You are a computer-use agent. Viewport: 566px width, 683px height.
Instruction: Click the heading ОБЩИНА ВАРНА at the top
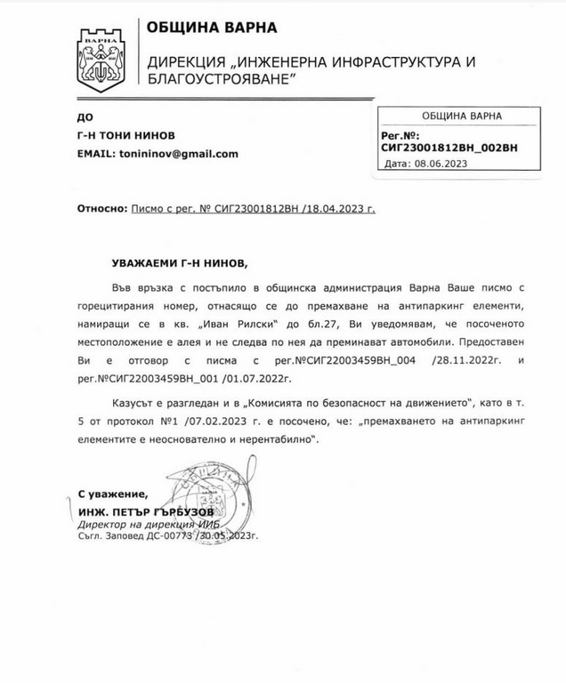point(206,27)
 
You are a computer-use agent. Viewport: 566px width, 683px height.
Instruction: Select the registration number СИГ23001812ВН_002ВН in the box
point(449,147)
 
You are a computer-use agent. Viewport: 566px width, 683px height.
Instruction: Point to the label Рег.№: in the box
point(398,135)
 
